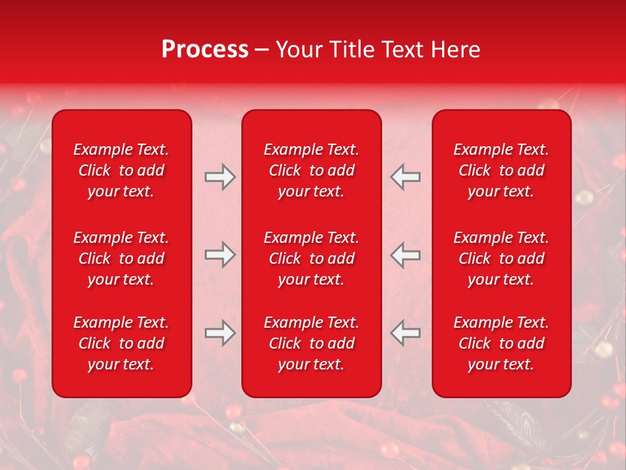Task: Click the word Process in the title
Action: (205, 50)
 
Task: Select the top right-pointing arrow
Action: (220, 178)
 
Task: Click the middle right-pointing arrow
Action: (220, 255)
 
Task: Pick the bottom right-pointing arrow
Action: (220, 333)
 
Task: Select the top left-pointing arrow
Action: (405, 178)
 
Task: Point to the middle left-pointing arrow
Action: (405, 255)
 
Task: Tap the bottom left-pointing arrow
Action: (405, 333)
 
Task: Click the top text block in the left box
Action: (121, 170)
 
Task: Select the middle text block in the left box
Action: (121, 258)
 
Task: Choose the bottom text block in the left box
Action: (121, 343)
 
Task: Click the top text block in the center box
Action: (311, 170)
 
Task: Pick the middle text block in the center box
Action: (311, 258)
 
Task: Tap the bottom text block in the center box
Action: (311, 343)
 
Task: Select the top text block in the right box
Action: (501, 170)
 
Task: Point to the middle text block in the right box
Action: (501, 258)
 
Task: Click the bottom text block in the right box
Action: (501, 343)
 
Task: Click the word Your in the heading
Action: (296, 50)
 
